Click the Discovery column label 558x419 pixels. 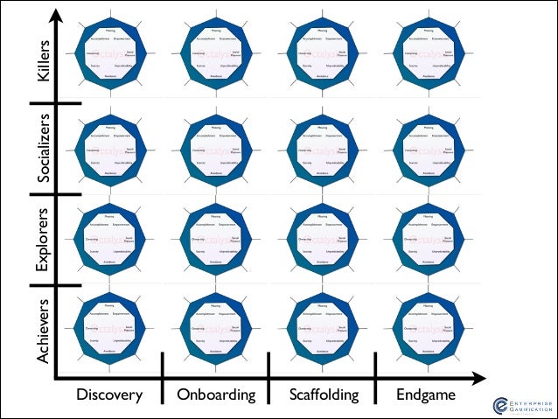[x=109, y=395]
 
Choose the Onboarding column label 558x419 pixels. [x=216, y=395]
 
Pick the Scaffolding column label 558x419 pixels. [x=324, y=395]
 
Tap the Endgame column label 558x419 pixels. [x=426, y=395]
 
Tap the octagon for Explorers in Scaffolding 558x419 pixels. [x=323, y=238]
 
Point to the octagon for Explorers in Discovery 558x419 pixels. [x=110, y=238]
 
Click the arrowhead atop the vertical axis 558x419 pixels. [x=56, y=14]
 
